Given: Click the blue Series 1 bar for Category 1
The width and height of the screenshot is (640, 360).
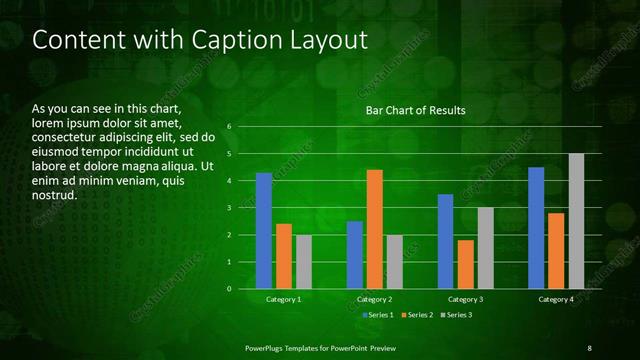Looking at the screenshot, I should click(x=264, y=231).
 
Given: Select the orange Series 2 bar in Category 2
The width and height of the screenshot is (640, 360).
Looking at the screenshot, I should click(x=375, y=229).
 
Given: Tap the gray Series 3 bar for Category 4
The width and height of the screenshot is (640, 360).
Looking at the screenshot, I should click(x=576, y=221).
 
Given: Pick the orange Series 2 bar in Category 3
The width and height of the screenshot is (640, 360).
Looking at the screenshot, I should click(x=466, y=264).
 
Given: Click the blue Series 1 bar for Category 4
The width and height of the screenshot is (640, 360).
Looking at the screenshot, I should click(x=536, y=228).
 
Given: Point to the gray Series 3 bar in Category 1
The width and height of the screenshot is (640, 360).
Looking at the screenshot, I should click(x=304, y=262).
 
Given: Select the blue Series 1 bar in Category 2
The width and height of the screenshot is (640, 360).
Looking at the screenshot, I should click(x=355, y=255).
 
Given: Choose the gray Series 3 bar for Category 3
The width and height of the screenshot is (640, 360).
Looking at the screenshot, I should click(x=485, y=248).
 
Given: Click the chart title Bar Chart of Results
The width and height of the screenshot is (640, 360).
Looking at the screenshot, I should click(x=415, y=110).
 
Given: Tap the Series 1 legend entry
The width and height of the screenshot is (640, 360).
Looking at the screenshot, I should click(x=378, y=315).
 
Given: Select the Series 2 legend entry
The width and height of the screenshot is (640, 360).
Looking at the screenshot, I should click(x=417, y=315).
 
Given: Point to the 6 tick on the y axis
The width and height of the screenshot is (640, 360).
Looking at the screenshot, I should click(x=229, y=127).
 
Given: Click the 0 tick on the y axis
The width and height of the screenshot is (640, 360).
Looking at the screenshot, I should click(x=229, y=289).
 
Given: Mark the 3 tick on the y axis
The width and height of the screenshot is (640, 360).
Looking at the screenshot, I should click(x=229, y=208).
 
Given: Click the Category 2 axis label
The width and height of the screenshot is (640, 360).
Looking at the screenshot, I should click(x=374, y=300).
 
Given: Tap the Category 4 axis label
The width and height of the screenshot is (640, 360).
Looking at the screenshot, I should click(x=555, y=300).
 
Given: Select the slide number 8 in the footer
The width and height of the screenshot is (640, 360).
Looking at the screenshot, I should click(x=589, y=347).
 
